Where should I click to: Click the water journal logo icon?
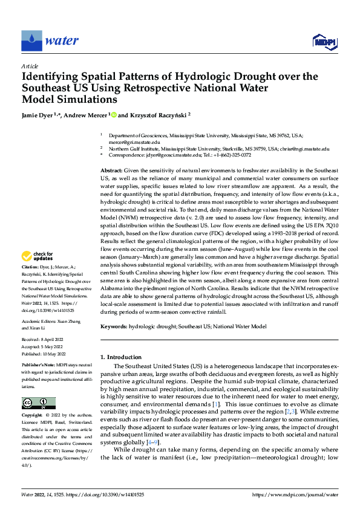(x=31, y=41)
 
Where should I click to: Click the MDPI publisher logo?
(x=323, y=41)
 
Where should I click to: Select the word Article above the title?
(x=30, y=66)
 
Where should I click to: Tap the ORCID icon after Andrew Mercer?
(x=113, y=114)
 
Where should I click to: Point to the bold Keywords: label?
(x=113, y=326)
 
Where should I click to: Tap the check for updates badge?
(x=38, y=273)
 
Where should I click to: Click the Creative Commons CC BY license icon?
(x=38, y=403)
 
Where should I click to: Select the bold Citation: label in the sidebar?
(x=33, y=283)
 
